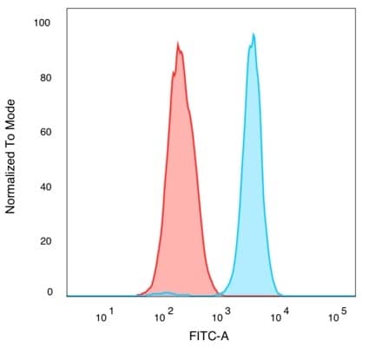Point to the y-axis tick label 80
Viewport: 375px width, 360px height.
[x=46, y=77]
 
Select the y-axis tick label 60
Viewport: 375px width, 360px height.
[x=46, y=132]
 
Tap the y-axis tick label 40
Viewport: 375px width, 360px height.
[x=46, y=187]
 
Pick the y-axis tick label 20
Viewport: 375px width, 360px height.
[x=46, y=241]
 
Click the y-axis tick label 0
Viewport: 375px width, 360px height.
[x=49, y=292]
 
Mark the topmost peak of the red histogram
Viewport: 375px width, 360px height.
[x=177, y=43]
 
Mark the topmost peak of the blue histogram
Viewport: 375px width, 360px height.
[x=253, y=34]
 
